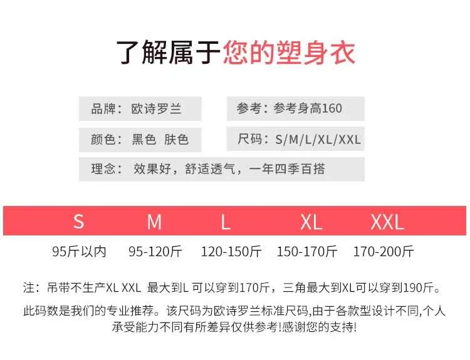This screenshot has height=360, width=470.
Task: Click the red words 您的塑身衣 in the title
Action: point(289,53)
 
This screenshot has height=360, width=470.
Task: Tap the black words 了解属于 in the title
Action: point(170,53)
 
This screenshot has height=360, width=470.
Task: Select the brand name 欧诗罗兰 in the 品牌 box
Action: point(156,108)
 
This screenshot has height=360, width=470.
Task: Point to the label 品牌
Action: point(103,108)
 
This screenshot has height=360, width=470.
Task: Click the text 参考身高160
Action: point(308,108)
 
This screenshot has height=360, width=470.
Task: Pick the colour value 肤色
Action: point(176,139)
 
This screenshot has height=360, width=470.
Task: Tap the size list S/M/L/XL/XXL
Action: point(318,139)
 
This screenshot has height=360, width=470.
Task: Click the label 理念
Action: point(103,169)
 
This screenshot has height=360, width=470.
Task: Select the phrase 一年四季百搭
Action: point(287,169)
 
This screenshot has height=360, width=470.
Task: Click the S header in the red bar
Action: point(78,222)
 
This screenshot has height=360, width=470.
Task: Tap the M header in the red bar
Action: point(154,222)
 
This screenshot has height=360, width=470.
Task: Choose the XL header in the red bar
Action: point(311,222)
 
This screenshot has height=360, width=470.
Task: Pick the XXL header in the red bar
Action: point(387,222)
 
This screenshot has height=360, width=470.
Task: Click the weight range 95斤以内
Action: point(79,252)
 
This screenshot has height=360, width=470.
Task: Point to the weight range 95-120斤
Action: point(155,252)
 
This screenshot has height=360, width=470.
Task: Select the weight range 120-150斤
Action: point(231,252)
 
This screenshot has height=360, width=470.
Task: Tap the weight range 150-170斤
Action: point(307,252)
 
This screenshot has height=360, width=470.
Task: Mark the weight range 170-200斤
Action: point(384,252)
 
